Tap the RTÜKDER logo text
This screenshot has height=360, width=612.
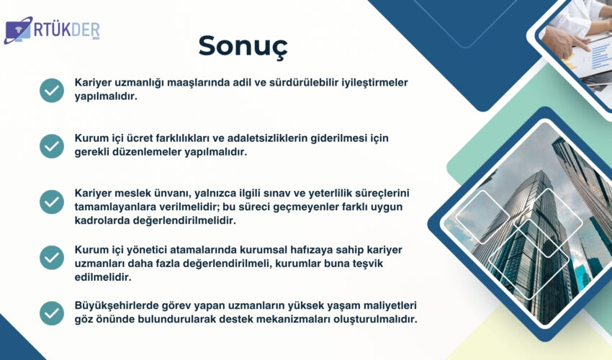(x=67, y=30)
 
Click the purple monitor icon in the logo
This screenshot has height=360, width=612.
(x=18, y=30)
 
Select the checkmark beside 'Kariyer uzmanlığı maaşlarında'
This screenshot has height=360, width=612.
(x=52, y=90)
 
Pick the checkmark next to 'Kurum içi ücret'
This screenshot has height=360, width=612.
(x=52, y=146)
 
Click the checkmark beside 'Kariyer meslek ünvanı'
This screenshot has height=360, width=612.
(x=52, y=202)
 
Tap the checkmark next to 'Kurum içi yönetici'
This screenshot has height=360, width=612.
(x=52, y=257)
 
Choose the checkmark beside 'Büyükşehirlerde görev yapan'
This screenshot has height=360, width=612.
(x=52, y=313)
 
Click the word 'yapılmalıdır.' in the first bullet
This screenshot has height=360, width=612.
(x=106, y=96)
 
